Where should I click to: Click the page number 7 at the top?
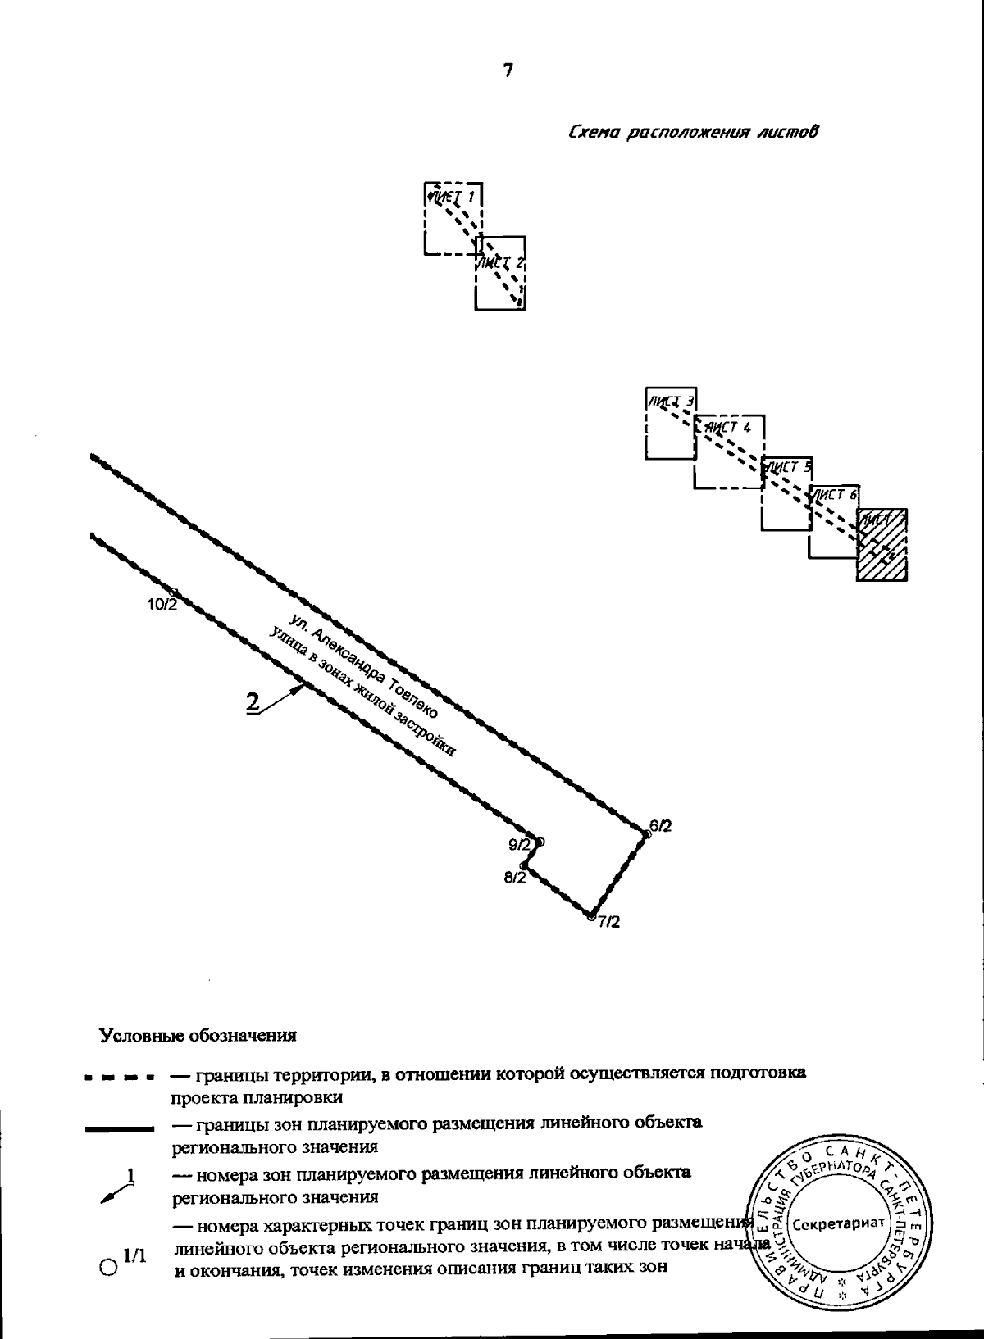click(508, 71)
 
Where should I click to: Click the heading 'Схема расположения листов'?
click(694, 132)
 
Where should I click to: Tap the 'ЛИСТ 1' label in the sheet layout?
click(453, 197)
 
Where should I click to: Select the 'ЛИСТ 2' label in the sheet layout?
click(501, 263)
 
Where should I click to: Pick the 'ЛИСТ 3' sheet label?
click(672, 401)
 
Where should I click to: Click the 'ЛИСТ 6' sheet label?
click(834, 494)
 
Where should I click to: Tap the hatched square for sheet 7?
click(882, 545)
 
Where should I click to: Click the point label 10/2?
click(161, 605)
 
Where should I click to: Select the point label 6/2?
click(660, 826)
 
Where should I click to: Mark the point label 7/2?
click(608, 922)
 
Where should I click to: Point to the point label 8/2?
click(515, 878)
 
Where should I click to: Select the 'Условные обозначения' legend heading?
click(197, 1035)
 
